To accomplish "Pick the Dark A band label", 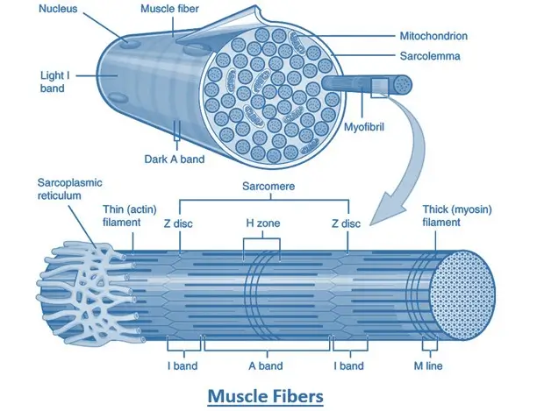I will pos(175,159).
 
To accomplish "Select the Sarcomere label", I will pos(268,187).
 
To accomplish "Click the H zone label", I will pos(262,223).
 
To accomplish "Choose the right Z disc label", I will pos(347,223).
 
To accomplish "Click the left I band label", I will pos(183,365).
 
